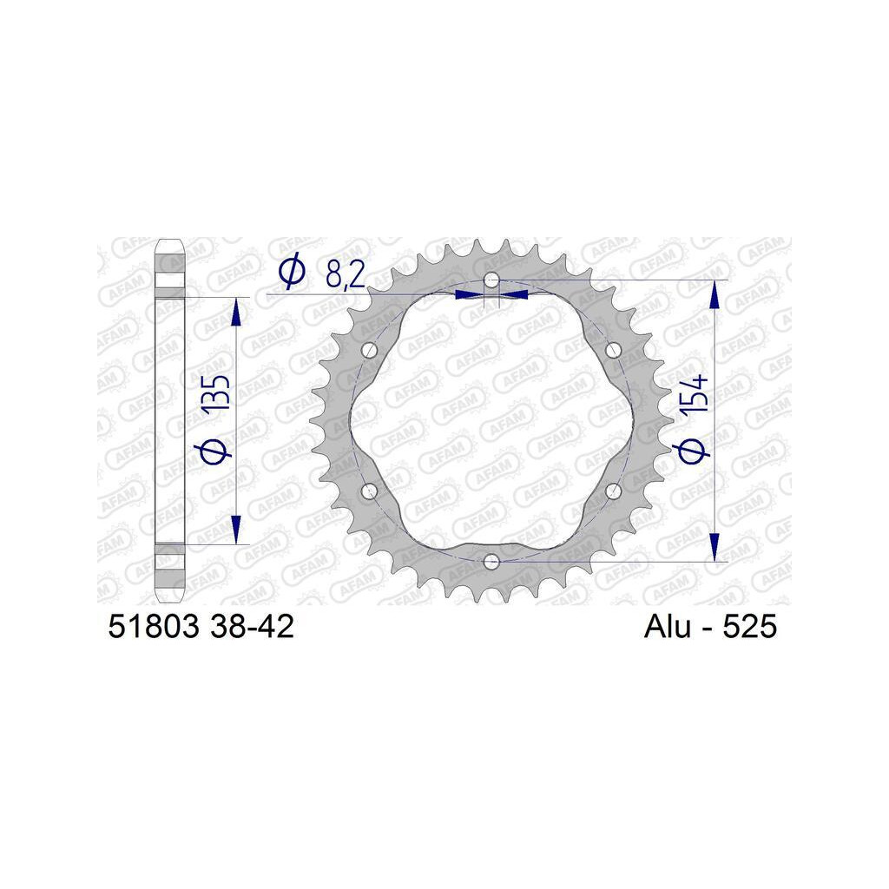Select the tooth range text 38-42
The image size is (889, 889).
[252, 627]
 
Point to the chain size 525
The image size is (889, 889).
[749, 627]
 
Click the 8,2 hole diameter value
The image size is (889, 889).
[346, 274]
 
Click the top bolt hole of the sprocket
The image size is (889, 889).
[491, 280]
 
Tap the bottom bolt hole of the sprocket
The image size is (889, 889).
[491, 562]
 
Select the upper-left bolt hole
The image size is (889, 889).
[370, 350]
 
